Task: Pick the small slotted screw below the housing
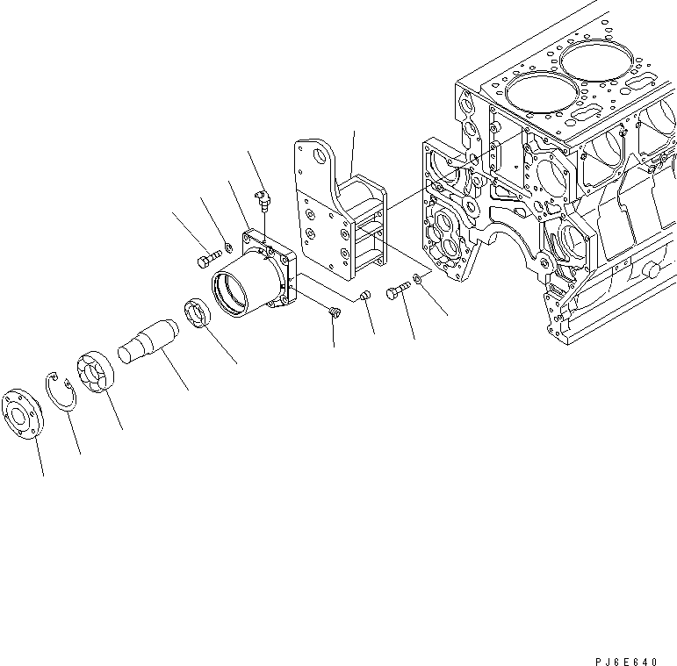[333, 311]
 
